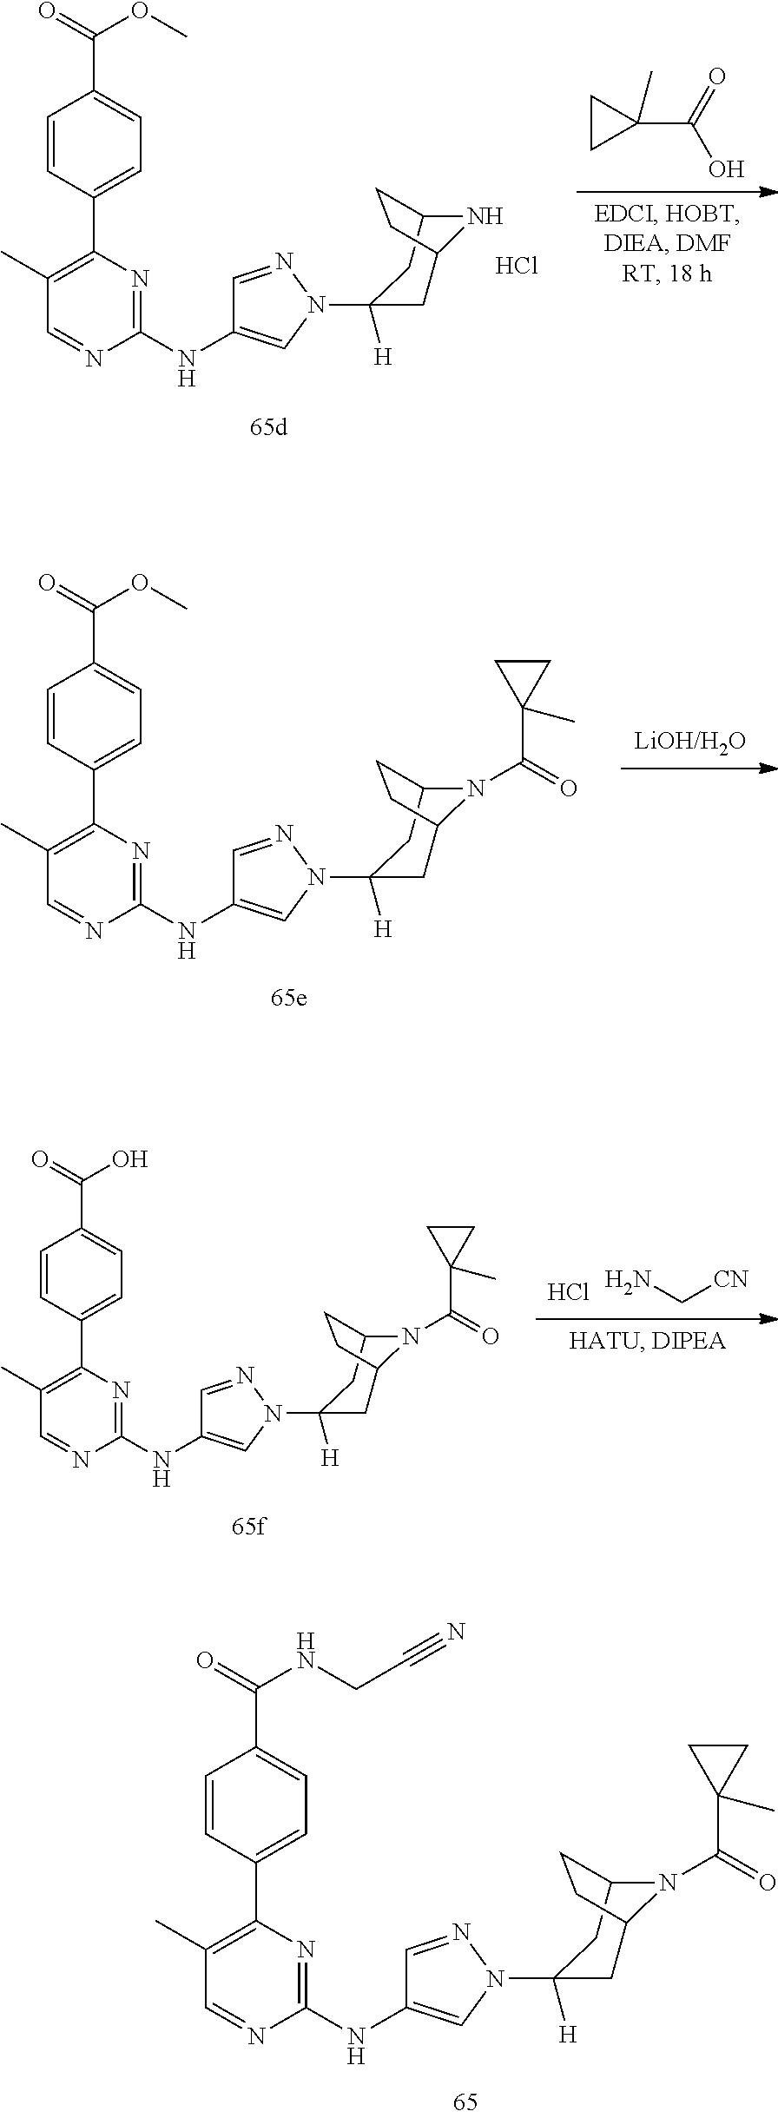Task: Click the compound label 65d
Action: tap(268, 429)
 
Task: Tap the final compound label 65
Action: tap(465, 2095)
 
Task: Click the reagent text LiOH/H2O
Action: tap(690, 742)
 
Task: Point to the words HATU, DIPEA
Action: tap(647, 1341)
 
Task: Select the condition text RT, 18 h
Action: tap(668, 276)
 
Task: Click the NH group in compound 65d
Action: tap(484, 215)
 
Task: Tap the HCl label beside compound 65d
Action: tap(517, 266)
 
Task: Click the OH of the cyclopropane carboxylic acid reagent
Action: tap(726, 167)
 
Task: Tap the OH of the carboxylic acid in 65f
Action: tap(130, 1159)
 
